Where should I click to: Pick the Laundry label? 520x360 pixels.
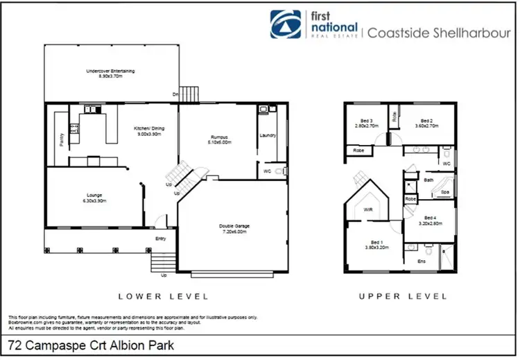pos(267,136)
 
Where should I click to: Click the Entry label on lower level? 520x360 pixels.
pos(160,239)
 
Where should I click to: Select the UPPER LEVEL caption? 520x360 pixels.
pos(402,296)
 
